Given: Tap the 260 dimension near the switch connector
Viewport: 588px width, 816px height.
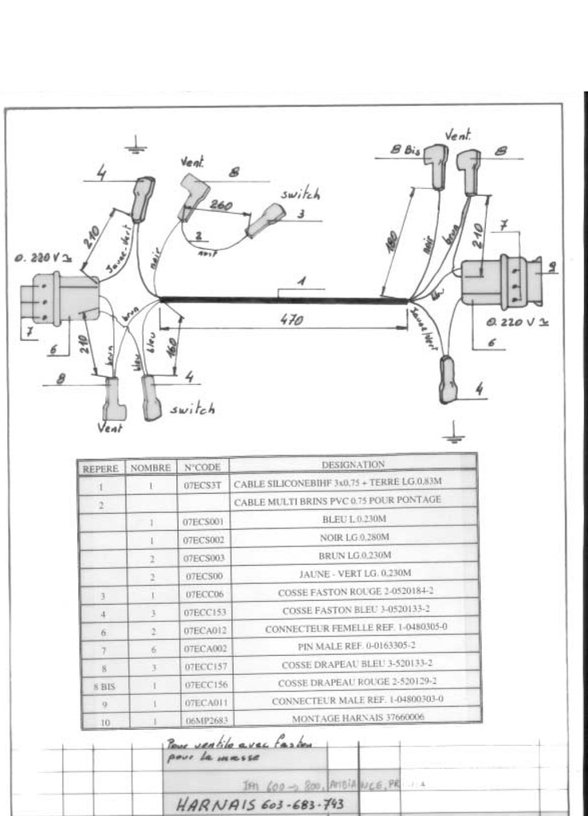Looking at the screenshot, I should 220,206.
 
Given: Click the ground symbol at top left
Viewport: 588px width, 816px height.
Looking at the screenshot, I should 136,146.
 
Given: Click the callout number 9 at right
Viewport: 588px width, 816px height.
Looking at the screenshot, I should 551,267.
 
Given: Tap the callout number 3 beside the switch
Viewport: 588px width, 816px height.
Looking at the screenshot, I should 301,214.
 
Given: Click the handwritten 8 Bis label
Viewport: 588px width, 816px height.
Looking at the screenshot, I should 405,149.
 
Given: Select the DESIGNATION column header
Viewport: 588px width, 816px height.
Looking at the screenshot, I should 353,464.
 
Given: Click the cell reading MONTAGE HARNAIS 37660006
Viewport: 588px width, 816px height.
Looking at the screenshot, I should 353,717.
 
